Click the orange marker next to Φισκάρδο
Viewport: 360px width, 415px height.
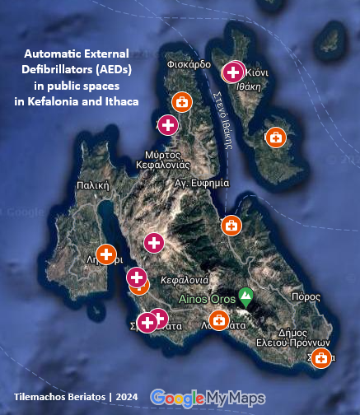click(x=181, y=103)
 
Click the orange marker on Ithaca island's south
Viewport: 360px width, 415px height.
click(x=276, y=138)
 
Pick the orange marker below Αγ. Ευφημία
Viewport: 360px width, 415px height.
click(x=231, y=225)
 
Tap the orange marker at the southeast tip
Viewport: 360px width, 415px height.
click(x=321, y=358)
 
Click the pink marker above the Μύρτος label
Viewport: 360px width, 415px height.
click(x=168, y=125)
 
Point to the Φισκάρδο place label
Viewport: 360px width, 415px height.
click(x=189, y=63)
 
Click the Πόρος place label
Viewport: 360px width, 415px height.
click(x=305, y=296)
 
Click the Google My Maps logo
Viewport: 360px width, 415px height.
click(x=207, y=398)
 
